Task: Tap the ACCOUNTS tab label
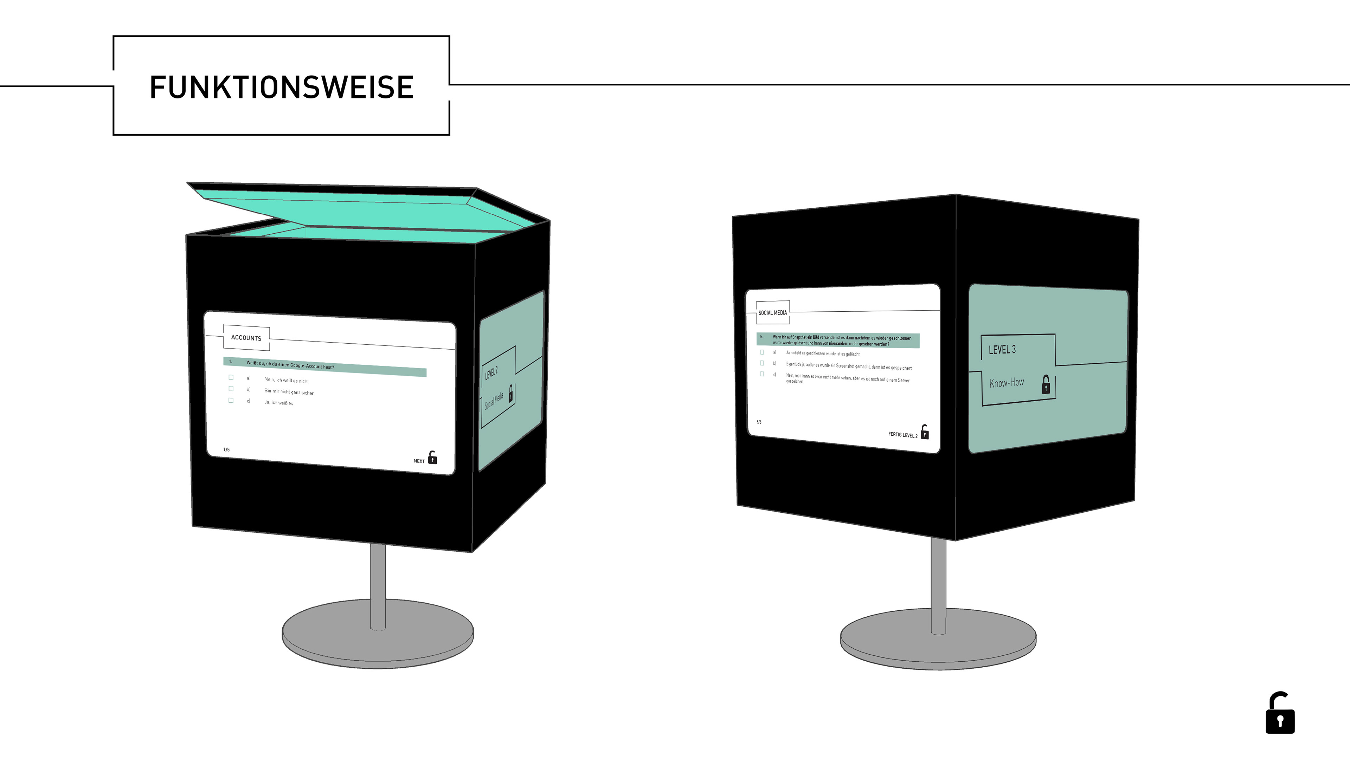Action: [246, 338]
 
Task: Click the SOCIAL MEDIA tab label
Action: [772, 313]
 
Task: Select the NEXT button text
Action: [419, 461]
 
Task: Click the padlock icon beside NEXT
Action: [432, 458]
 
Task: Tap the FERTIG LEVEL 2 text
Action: [902, 435]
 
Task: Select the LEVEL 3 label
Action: [1002, 349]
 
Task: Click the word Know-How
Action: [1006, 383]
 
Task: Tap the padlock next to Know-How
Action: [1046, 384]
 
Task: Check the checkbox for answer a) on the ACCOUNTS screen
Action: [231, 377]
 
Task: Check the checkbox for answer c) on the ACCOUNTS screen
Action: [231, 400]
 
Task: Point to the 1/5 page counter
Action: [226, 449]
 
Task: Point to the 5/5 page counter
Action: [759, 422]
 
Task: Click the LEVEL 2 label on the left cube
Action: [491, 373]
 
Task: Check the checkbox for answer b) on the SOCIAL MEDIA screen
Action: [762, 363]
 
